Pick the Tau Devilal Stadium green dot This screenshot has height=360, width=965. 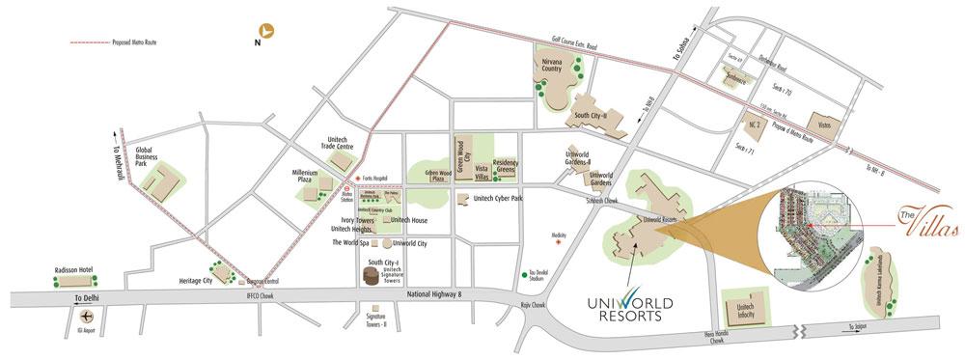pyautogui.click(x=524, y=275)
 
